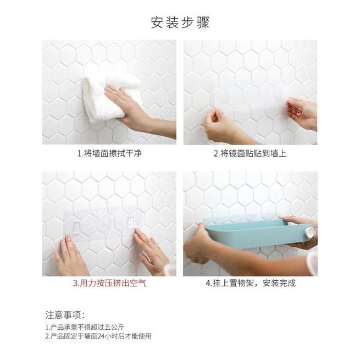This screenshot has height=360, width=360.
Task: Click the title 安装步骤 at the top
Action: [x=180, y=23]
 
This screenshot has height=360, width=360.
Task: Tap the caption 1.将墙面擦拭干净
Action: [x=109, y=154]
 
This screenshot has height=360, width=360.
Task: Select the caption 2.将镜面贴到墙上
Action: [x=250, y=154]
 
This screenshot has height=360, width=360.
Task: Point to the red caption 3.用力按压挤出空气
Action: [x=109, y=284]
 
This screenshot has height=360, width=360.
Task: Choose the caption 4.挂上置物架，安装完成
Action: [x=251, y=284]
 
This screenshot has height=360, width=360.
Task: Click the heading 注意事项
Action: [x=65, y=315]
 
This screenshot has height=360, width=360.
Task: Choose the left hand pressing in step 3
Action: [x=70, y=256]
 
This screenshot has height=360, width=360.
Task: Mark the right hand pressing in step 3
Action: [x=151, y=250]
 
